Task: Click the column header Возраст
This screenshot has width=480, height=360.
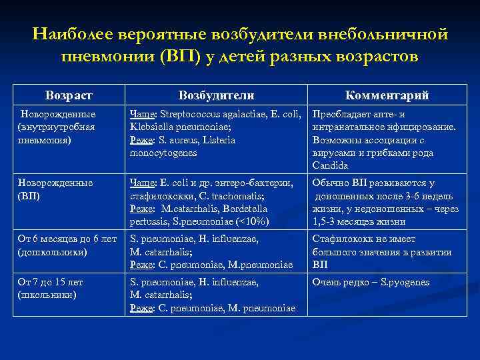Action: click(x=69, y=95)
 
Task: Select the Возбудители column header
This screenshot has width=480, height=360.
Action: click(x=216, y=95)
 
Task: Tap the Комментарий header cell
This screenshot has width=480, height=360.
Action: click(x=387, y=95)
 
